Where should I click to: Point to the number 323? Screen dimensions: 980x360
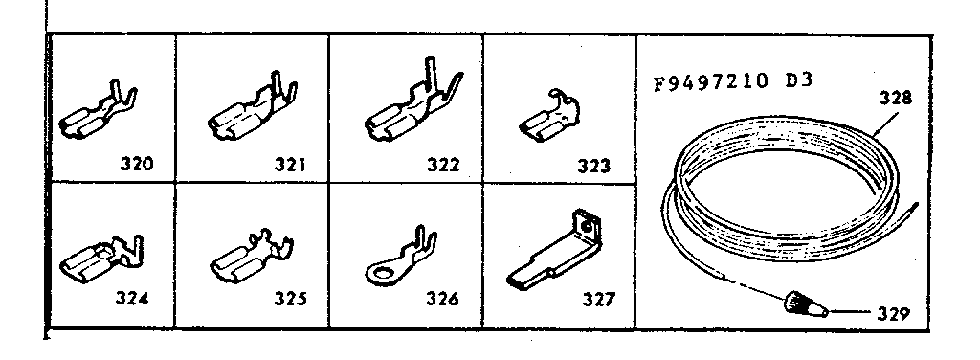(594, 165)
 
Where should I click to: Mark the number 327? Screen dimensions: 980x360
(597, 297)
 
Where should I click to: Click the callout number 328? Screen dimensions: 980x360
(898, 98)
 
